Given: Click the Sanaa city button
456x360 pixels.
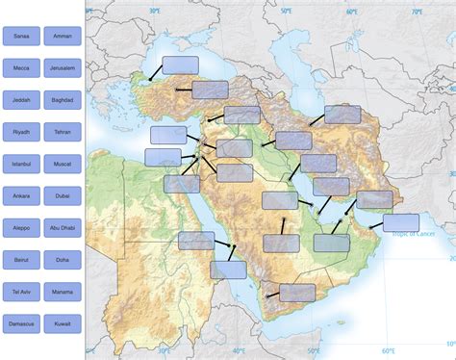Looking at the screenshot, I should click(21, 37).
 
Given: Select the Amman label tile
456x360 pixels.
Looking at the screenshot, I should click(63, 37).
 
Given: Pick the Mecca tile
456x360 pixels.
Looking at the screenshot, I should click(21, 68).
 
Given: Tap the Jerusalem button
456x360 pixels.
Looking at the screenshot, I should click(63, 68).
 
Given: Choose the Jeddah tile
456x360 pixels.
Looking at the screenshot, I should click(21, 100).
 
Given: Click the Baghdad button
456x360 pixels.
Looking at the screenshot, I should click(63, 100).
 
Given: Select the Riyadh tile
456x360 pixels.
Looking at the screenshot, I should click(21, 132).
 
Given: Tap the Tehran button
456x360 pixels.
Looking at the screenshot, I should click(63, 132).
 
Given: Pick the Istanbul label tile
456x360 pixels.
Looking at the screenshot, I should click(21, 165).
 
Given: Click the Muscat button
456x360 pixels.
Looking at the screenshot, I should click(63, 165).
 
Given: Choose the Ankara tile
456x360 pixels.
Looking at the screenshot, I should click(21, 196).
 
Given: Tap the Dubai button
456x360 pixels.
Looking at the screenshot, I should click(63, 196).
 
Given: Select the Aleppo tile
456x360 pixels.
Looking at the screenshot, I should click(21, 228).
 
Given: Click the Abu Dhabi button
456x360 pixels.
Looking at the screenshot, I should click(63, 228).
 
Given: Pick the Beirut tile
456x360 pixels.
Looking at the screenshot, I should click(21, 260).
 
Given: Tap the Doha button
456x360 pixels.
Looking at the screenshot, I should click(63, 260).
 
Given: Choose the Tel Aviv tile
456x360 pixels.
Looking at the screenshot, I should click(21, 292).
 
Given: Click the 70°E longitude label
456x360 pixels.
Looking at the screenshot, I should click(416, 12).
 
